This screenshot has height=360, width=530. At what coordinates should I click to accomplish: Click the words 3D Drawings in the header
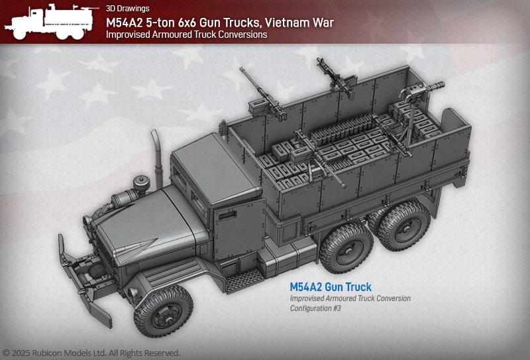click(127, 9)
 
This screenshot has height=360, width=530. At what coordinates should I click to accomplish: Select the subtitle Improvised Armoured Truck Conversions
click(187, 34)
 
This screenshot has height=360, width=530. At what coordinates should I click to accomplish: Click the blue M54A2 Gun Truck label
click(331, 287)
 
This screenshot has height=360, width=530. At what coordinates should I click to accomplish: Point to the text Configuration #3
click(315, 308)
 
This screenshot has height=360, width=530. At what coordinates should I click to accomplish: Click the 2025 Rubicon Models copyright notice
click(91, 353)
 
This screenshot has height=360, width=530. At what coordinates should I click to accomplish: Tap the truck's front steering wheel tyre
click(163, 312)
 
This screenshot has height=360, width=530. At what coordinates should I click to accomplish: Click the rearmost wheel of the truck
click(403, 226)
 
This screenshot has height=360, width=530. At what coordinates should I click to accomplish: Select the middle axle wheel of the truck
click(346, 249)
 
